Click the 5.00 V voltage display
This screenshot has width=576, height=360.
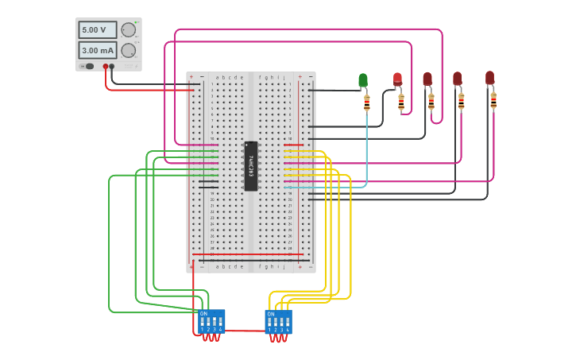(97, 29)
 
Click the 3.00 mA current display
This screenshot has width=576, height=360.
(97, 50)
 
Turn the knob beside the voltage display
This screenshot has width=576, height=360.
(128, 29)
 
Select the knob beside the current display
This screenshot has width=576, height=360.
(128, 50)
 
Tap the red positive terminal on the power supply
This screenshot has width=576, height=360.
(105, 67)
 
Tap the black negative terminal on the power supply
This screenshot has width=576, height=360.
(111, 67)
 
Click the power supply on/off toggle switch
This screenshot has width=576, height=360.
(89, 66)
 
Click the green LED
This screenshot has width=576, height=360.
(363, 79)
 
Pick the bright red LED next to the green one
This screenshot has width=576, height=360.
(397, 79)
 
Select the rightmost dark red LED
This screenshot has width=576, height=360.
(489, 78)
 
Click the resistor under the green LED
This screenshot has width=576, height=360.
(366, 103)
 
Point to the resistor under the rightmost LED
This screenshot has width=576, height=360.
(493, 101)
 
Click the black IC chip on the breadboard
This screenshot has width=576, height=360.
(251, 166)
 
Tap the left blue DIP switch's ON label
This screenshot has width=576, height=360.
(203, 314)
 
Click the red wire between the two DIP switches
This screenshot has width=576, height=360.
(242, 331)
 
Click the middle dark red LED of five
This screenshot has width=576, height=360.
(427, 79)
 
